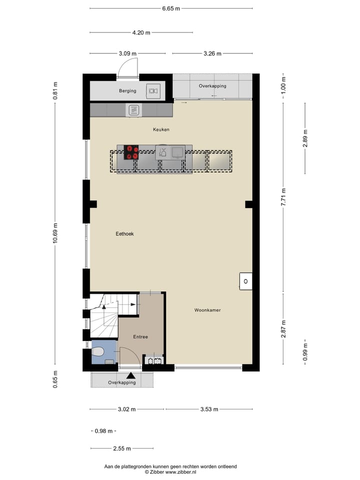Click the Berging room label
coord(127,91)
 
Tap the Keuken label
coord(161,129)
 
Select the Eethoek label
coord(124,233)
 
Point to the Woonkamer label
coord(207,310)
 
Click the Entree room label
coord(140,336)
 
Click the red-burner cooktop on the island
coord(131,151)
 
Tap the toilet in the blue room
coord(98,352)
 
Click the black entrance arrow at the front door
coord(130,375)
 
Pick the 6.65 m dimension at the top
coord(171,8)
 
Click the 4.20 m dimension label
coord(141,32)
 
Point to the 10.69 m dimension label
coord(55,232)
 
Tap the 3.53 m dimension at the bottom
coord(208,409)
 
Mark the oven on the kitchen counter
coord(133,110)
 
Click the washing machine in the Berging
coord(152,91)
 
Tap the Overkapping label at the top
coord(212,86)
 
